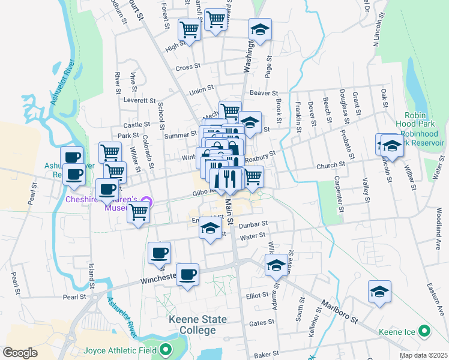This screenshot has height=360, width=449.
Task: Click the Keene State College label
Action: [x=192, y=325]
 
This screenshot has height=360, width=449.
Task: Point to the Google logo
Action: [x=20, y=353]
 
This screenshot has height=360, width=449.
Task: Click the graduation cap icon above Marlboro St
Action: [x=379, y=292]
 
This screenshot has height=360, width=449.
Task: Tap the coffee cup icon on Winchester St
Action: [x=188, y=274]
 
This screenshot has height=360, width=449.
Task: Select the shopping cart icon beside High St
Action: [x=190, y=28]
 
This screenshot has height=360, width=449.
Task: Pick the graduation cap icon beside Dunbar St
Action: [x=210, y=228]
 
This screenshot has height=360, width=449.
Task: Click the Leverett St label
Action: [x=139, y=100]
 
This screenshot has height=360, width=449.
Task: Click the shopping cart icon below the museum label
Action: [x=139, y=211]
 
